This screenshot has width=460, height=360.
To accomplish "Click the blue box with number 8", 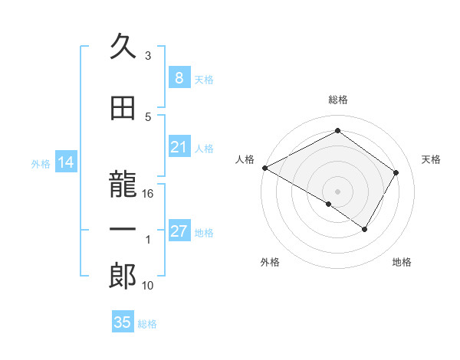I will [x=179, y=78].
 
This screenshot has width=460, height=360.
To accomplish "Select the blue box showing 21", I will [x=179, y=147].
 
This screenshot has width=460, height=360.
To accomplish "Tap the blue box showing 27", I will [x=179, y=231].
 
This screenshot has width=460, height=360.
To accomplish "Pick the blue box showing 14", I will [x=65, y=162].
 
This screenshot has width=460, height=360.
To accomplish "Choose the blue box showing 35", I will [x=122, y=322].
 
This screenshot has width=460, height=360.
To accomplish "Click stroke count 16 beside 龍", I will [x=148, y=194].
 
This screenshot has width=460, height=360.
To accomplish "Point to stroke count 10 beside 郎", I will [x=148, y=286].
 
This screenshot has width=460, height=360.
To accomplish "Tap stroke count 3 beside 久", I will [x=148, y=56].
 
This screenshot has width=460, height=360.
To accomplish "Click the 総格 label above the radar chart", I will [x=337, y=100].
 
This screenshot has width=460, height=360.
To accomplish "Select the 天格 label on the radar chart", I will [x=431, y=159].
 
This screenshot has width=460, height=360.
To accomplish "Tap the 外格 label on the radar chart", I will [x=269, y=262].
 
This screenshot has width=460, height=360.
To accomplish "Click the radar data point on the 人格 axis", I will [x=264, y=168].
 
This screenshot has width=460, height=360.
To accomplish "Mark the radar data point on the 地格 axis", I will [x=365, y=229].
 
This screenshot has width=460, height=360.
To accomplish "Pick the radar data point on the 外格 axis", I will [x=328, y=204].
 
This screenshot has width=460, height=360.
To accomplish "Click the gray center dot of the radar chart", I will [x=337, y=191].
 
